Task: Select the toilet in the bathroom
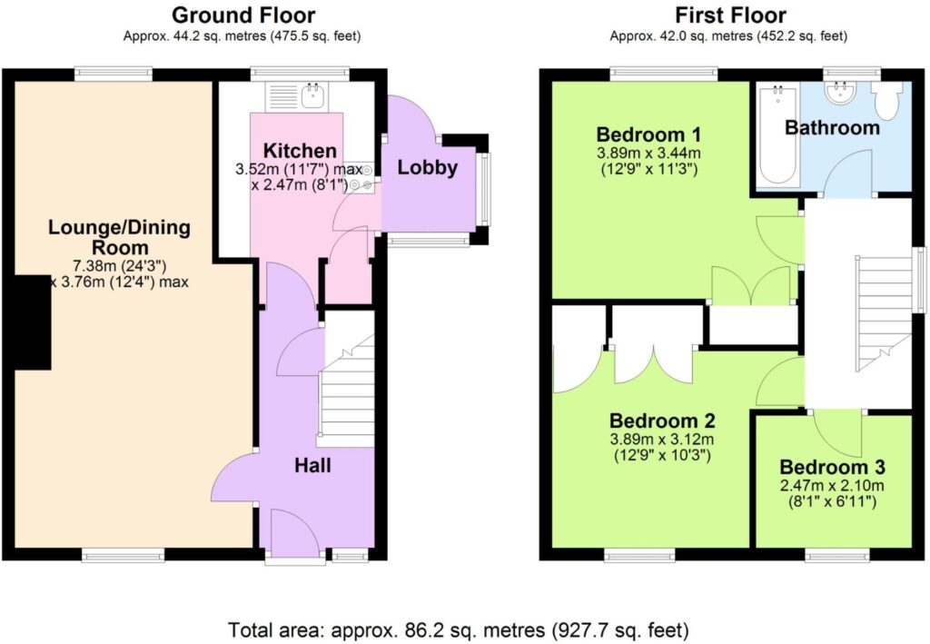pyautogui.click(x=887, y=100)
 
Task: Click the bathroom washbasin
pyautogui.click(x=841, y=93)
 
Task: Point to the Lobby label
pyautogui.click(x=427, y=167)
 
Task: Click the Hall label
pyautogui.click(x=312, y=465)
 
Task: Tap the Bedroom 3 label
pyautogui.click(x=832, y=467)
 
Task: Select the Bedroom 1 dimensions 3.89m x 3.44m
pyautogui.click(x=648, y=153)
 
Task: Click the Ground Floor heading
pyautogui.click(x=243, y=15)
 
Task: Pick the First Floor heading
pyautogui.click(x=731, y=15)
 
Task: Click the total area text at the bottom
pyautogui.click(x=459, y=629)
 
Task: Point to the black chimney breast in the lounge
pyautogui.click(x=32, y=322)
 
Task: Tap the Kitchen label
pyautogui.click(x=300, y=151)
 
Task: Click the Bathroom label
pyautogui.click(x=832, y=127)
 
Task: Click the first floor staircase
pyautogui.click(x=883, y=313)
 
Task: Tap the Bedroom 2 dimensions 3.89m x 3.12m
pyautogui.click(x=661, y=440)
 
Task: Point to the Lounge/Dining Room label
pyautogui.click(x=119, y=237)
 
